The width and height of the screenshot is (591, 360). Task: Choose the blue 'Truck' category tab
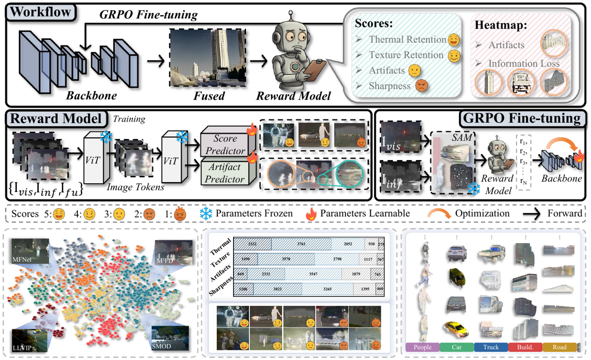tap(491, 348)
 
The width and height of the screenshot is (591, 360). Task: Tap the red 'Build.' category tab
tap(525, 348)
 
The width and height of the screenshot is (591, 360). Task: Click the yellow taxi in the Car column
tap(455, 328)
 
